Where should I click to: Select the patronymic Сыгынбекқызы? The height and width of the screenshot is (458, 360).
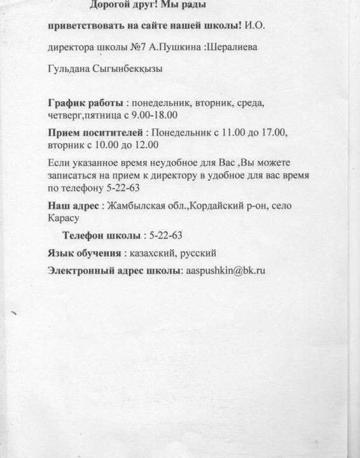pos(130,68)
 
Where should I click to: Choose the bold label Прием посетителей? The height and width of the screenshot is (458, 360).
pos(96,133)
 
